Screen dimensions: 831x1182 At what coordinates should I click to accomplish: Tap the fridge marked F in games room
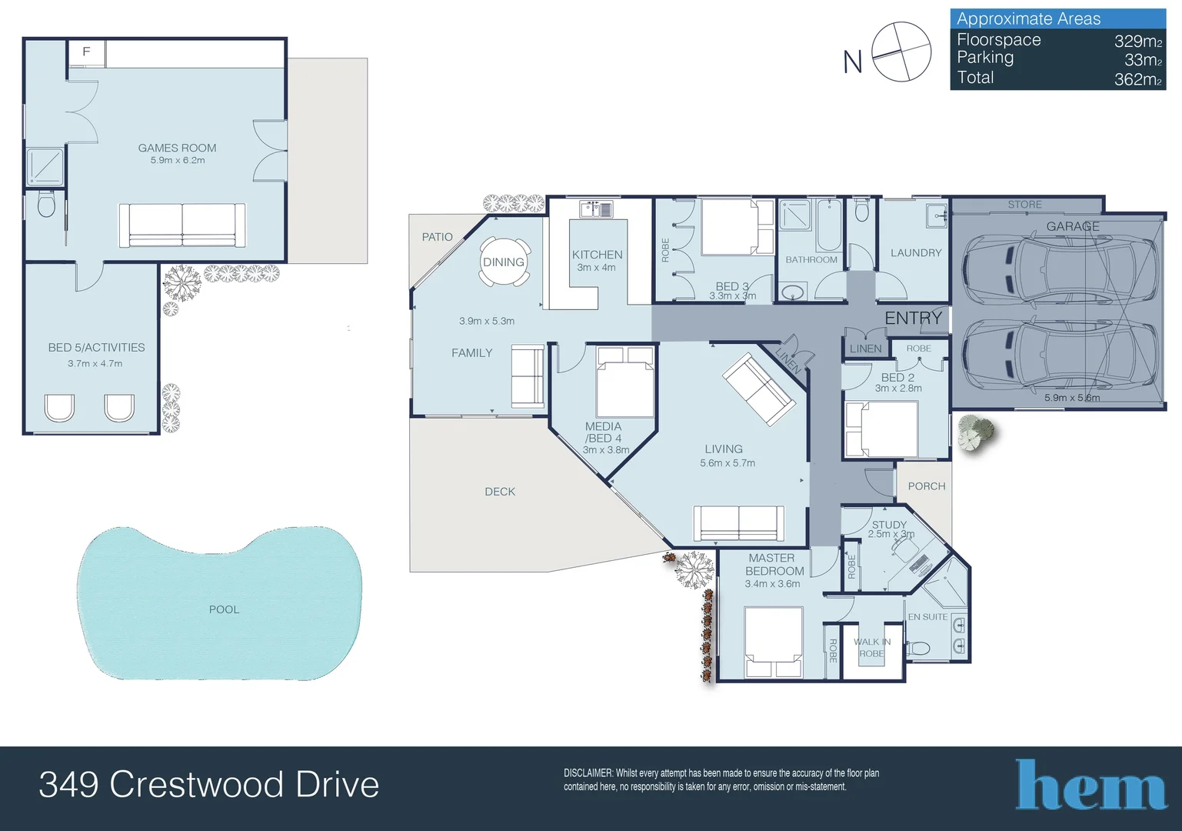coord(86,52)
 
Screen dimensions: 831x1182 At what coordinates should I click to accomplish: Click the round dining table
coord(504,262)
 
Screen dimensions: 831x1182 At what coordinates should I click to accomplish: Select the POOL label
coord(224,609)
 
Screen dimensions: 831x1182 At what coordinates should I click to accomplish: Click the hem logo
coord(1090,786)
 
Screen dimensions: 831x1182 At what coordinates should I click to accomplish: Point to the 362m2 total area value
coord(1137,79)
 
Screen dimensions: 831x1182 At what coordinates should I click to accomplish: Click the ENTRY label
coord(913,318)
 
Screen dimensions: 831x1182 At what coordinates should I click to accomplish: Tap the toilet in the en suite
coord(919,649)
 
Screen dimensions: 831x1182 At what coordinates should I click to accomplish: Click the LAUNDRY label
coord(915,252)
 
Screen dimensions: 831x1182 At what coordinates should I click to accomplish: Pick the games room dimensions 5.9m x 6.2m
coord(178,160)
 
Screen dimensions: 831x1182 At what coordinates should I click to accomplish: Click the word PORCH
coord(926,486)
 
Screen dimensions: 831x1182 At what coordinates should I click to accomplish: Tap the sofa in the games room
coord(182,225)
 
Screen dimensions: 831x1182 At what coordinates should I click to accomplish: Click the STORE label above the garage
coord(1024,205)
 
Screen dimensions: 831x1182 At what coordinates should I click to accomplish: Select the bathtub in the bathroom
coord(828,225)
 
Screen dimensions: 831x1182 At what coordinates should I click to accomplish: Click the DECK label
coord(500,492)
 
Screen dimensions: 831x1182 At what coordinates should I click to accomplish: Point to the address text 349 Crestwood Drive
coord(208,785)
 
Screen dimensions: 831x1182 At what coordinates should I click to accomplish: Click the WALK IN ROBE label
coord(872,648)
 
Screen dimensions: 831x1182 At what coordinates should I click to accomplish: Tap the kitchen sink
coord(596,209)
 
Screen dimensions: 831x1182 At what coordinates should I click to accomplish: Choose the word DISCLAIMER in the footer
coord(588,773)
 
